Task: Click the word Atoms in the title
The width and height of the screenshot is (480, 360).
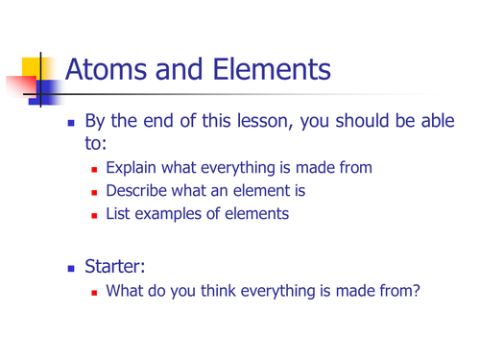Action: coord(108,69)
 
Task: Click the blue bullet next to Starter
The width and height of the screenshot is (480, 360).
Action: coord(70,263)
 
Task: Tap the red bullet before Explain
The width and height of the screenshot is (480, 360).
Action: coord(97,169)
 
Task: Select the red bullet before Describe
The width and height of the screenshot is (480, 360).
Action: coord(97,192)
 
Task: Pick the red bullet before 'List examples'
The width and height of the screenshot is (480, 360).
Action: coord(97,215)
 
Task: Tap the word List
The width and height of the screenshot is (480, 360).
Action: coord(120,214)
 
